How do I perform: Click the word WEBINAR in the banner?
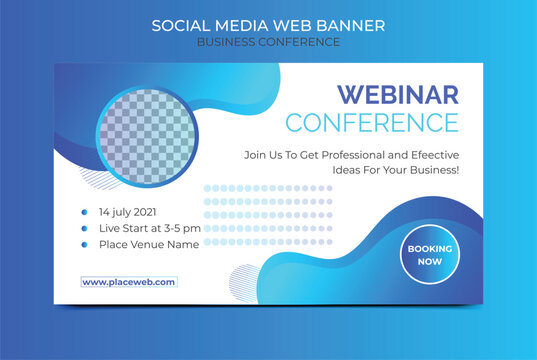point(397,95)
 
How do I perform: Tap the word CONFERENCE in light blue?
point(372,123)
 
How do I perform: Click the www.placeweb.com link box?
point(129,282)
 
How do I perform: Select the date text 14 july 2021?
point(127,212)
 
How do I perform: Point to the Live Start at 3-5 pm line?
point(150,228)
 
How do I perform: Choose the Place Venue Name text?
point(148,244)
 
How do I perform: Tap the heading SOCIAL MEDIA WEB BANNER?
point(268,24)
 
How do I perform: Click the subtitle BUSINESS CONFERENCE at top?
point(268,42)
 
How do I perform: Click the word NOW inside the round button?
point(430,262)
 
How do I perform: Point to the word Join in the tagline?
point(256,155)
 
